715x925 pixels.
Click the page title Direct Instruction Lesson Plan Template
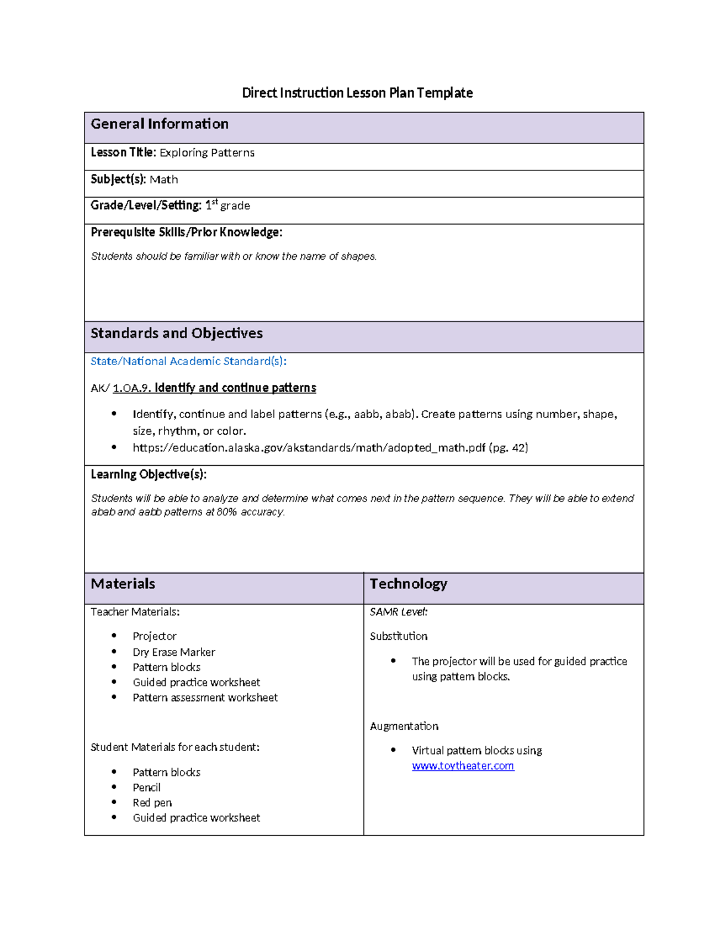[357, 93]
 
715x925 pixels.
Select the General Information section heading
[159, 124]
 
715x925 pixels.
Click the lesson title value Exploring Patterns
[207, 153]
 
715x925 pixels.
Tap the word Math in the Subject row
[163, 180]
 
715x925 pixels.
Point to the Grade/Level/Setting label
[146, 205]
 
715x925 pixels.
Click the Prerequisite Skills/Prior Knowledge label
[186, 232]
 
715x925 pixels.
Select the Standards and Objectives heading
[176, 334]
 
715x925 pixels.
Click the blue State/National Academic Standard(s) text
[188, 362]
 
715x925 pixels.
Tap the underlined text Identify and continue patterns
[235, 388]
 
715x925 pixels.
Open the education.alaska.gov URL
[309, 448]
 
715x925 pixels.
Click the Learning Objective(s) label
[148, 475]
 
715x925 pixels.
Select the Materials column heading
[123, 584]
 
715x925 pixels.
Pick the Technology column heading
[408, 584]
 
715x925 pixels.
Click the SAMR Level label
[399, 612]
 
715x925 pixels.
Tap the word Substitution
[399, 637]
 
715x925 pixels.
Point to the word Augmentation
[404, 726]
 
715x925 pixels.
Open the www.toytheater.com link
[462, 766]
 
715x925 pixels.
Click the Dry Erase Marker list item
[173, 652]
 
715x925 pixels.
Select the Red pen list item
[152, 803]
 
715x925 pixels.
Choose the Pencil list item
[147, 787]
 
